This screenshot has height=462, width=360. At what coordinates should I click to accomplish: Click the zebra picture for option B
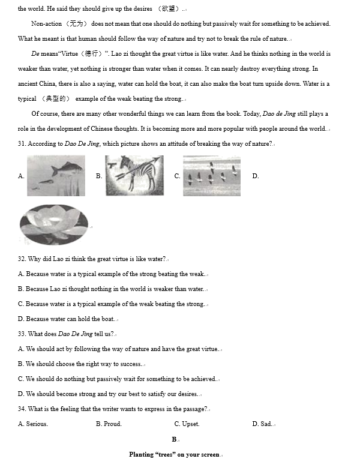click(x=134, y=175)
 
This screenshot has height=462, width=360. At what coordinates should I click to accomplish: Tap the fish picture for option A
click(x=56, y=175)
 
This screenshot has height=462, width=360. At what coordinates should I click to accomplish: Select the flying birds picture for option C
click(x=211, y=175)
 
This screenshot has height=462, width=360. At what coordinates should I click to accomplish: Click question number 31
click(x=22, y=144)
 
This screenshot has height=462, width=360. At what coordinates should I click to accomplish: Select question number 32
click(x=22, y=259)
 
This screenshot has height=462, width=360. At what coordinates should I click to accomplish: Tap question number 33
click(x=22, y=334)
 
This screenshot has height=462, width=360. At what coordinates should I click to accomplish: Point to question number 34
click(x=22, y=409)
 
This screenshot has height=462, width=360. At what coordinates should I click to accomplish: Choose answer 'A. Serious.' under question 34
click(x=33, y=424)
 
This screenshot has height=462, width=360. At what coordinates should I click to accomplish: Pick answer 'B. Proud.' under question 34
click(x=109, y=424)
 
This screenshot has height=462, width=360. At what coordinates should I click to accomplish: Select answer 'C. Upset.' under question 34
click(x=187, y=424)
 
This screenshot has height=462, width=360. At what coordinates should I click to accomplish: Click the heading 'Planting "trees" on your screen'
click(x=174, y=455)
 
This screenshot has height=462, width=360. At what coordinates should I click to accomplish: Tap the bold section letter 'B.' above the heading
click(x=175, y=440)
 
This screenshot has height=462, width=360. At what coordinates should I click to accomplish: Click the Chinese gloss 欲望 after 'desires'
click(x=170, y=9)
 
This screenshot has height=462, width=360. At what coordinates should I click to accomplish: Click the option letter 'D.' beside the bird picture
click(x=256, y=176)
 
